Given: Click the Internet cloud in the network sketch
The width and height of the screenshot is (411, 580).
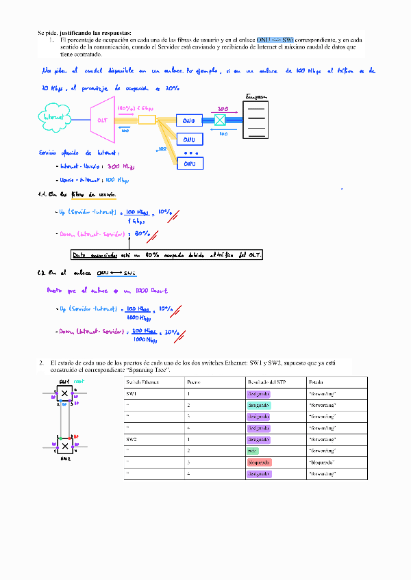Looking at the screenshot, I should point(53,116).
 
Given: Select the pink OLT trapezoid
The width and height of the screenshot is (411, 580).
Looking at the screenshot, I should point(103,120).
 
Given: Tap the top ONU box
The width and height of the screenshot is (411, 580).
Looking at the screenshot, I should point(189,120).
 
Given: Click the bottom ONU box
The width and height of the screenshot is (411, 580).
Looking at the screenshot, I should point(189,163).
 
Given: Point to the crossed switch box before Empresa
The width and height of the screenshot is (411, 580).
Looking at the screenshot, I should point(220,120).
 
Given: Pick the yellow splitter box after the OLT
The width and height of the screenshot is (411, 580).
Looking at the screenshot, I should point(147,120).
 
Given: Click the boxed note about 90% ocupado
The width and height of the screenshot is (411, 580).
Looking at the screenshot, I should point(167,255).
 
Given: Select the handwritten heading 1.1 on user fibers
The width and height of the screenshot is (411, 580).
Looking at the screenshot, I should point(77,195).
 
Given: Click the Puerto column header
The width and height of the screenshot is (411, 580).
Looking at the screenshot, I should point(194,382).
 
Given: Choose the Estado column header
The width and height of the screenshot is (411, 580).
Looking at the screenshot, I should point(316,382).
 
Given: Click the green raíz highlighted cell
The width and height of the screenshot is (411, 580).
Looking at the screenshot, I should point(251,451).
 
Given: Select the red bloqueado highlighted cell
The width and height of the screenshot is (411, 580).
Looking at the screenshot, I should point(260,462).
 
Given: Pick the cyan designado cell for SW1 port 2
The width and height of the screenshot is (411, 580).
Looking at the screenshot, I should point(259,405).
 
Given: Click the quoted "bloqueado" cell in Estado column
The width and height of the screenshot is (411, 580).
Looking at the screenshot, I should point(322,462).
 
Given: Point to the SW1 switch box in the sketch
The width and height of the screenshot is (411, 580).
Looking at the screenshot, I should point(64,393).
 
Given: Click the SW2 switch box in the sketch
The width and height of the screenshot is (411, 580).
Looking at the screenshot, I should point(64,446).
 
